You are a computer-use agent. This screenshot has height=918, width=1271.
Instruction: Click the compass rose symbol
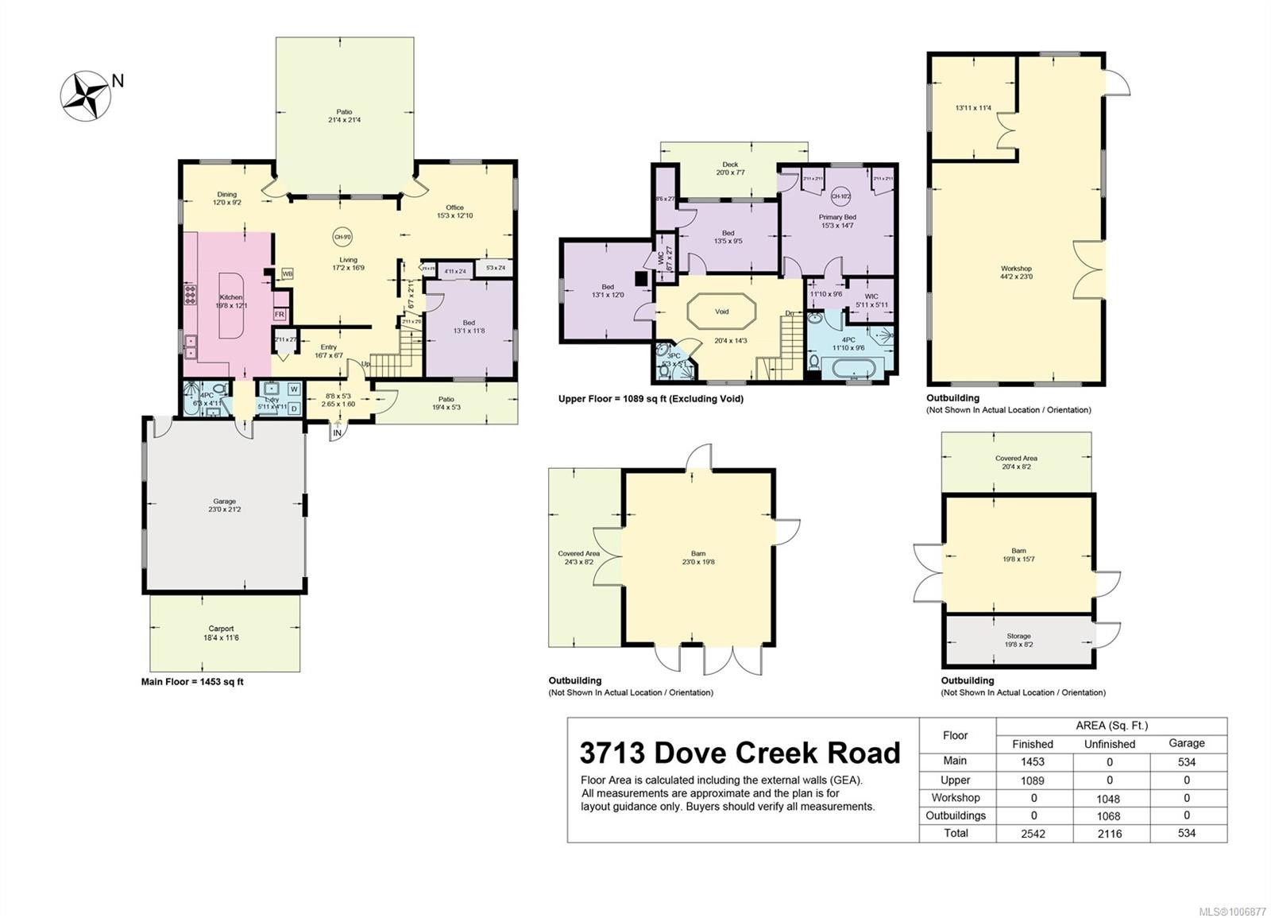84,95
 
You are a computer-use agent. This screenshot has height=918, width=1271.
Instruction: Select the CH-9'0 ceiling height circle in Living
342,236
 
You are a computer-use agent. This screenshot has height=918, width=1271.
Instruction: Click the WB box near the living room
287,273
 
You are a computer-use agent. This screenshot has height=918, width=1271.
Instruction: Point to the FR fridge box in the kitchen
280,315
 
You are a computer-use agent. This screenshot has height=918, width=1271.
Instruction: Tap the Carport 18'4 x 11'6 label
222,633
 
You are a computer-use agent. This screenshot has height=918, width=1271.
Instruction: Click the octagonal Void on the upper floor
721,312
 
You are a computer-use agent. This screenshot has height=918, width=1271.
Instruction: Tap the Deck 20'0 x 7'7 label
730,168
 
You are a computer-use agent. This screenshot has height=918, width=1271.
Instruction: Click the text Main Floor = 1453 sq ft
192,682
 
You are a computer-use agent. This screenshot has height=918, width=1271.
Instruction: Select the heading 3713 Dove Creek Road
740,752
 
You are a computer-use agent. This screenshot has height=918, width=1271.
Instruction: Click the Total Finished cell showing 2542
1033,833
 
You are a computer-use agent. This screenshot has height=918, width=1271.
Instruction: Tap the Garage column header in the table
1187,743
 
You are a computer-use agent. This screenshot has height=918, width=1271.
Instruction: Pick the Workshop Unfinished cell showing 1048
1108,799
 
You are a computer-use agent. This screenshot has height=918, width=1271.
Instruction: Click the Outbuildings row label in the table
956,815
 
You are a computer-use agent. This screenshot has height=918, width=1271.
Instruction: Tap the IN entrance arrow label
338,432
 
